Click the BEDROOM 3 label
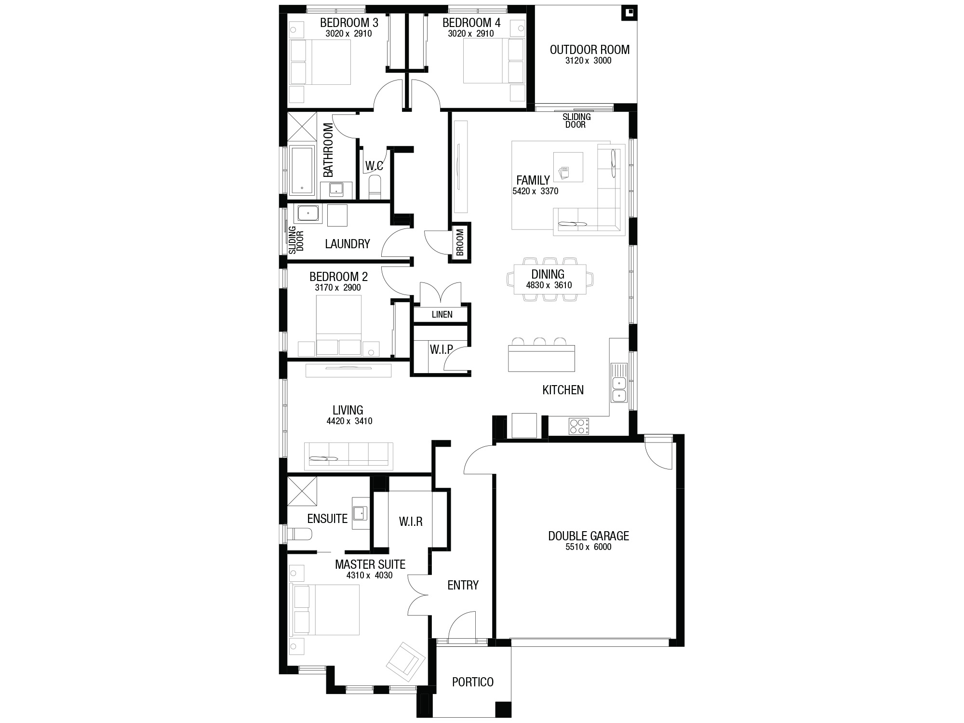pos(349,23)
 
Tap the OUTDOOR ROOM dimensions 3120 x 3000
pos(588,61)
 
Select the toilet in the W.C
pos(375,187)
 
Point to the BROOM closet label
pos(459,242)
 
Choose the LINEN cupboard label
pos(442,315)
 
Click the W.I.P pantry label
pos(441,349)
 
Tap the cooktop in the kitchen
pos(579,426)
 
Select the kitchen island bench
pos(542,358)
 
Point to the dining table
pos(550,279)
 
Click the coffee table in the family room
pos(568,167)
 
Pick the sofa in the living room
pos(348,456)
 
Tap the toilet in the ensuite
pos(300,534)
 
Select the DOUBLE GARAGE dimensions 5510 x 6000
pos(588,547)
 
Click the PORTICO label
pos(473,682)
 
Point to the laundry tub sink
pos(308,214)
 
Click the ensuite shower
pos(302,491)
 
